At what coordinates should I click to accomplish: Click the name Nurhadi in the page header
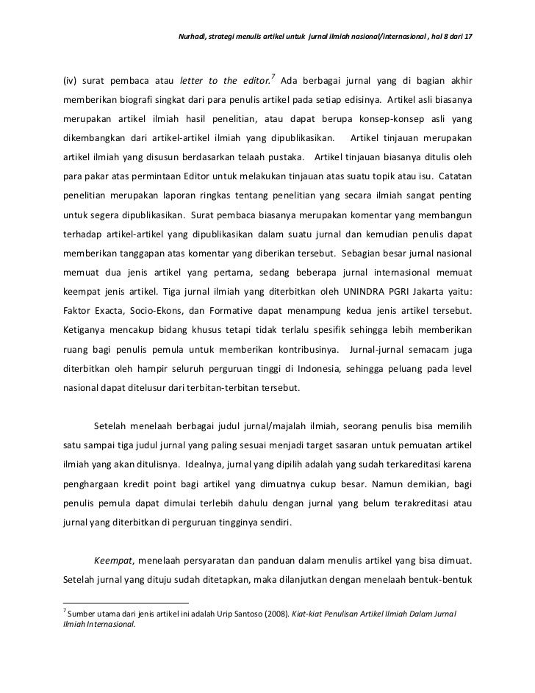194,36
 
